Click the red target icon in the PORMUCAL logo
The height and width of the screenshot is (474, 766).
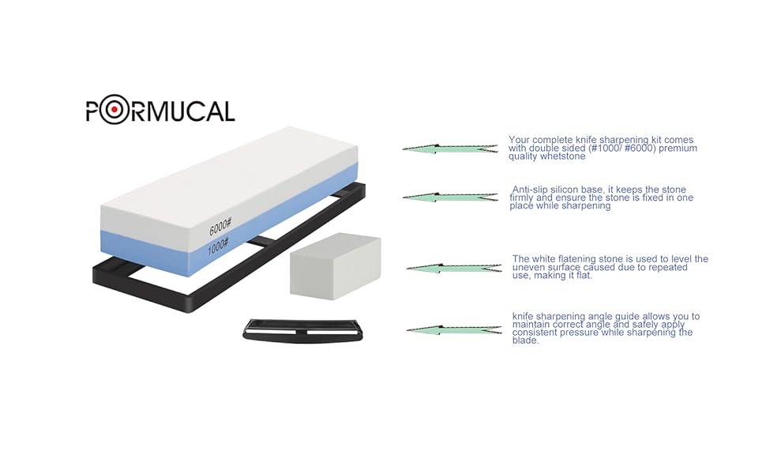(114, 110)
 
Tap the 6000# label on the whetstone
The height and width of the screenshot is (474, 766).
(219, 228)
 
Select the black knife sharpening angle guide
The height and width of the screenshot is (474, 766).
(302, 329)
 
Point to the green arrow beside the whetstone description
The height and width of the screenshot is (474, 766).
(450, 148)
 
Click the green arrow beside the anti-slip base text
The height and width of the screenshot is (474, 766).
(450, 197)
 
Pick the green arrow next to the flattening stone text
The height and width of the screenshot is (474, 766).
(454, 269)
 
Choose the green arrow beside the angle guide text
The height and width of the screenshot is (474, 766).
(454, 329)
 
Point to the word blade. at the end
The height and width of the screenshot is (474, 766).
(525, 340)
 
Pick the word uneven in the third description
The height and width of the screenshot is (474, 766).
(529, 268)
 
